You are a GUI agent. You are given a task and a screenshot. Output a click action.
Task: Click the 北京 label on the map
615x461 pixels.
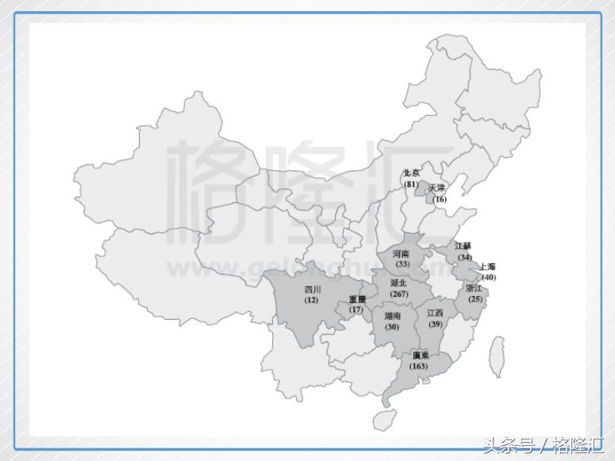click(x=411, y=173)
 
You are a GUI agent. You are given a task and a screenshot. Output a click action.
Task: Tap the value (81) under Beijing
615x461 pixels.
click(x=410, y=184)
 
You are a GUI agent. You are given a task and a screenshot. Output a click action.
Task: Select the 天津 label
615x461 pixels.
click(x=437, y=188)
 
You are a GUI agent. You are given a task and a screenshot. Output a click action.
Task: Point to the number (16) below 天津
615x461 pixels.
click(x=440, y=198)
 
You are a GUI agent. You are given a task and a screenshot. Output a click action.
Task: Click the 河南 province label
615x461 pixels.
click(x=402, y=254)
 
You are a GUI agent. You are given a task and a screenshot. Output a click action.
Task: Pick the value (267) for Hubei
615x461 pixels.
click(x=398, y=294)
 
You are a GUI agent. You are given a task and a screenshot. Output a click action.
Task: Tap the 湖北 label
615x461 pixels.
click(x=398, y=282)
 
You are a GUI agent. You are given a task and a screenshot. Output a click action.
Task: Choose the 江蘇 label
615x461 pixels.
click(x=463, y=247)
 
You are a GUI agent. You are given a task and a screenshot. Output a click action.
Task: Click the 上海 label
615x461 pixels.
click(x=486, y=267)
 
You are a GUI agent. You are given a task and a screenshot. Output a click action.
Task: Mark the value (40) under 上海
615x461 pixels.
click(x=488, y=277)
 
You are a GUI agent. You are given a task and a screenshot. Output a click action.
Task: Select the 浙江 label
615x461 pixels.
click(x=475, y=288)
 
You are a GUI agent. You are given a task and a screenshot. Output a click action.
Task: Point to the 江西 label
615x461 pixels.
click(x=435, y=313)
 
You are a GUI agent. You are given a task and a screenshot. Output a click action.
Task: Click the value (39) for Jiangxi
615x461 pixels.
click(x=435, y=325)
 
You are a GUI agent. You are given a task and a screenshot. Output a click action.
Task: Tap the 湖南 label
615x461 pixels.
click(x=393, y=316)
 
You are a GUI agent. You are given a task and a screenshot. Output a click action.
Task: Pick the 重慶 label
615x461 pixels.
click(x=357, y=299)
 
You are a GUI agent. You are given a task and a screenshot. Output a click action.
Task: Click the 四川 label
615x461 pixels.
click(x=313, y=290)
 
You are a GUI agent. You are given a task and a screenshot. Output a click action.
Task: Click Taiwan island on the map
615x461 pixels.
click(x=497, y=358)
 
